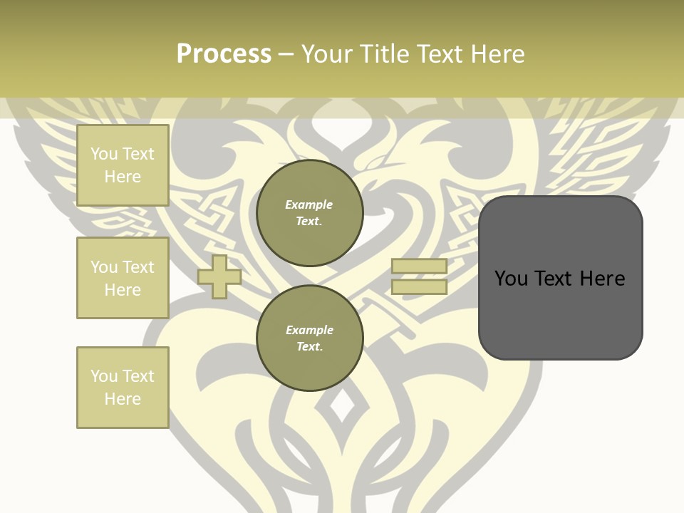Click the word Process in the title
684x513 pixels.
point(224,54)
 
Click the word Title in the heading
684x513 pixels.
point(383,54)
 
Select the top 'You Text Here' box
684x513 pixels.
point(123,165)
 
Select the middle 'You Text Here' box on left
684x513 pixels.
point(123,278)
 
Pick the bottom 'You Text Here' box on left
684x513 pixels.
point(123,388)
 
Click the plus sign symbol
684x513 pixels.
point(219,277)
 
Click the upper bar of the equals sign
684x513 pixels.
point(419,266)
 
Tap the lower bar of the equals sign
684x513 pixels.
point(419,287)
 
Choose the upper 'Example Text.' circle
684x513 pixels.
point(309,213)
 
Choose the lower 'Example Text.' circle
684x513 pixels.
point(309,338)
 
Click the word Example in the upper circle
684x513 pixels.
point(309,205)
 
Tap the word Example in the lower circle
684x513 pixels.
point(309,331)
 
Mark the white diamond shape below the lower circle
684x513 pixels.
point(343,407)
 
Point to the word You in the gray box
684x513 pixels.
point(512,279)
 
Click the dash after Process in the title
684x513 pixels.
point(286,55)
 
